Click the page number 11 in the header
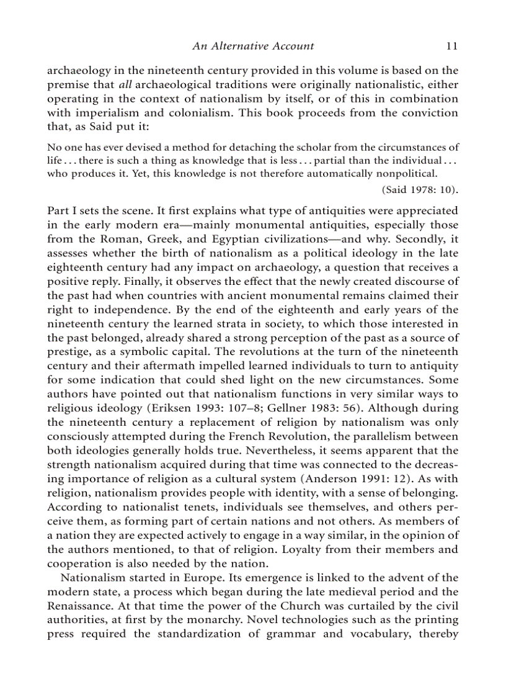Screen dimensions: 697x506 pos(452,46)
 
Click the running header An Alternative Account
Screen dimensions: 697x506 pos(253,46)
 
